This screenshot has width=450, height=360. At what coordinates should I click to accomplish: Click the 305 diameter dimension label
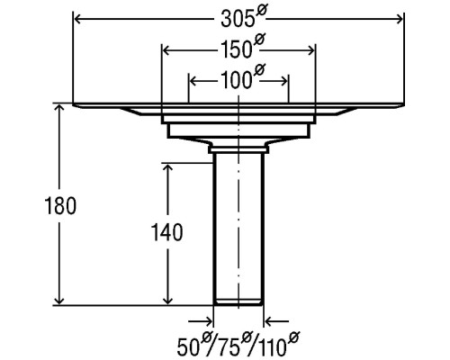[244, 17]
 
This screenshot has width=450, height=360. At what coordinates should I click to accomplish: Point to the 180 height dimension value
[60, 206]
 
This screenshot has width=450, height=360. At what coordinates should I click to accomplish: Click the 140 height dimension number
[166, 232]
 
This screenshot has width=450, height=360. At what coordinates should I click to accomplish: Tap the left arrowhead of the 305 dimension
[78, 20]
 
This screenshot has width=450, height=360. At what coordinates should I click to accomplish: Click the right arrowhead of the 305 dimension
[400, 20]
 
